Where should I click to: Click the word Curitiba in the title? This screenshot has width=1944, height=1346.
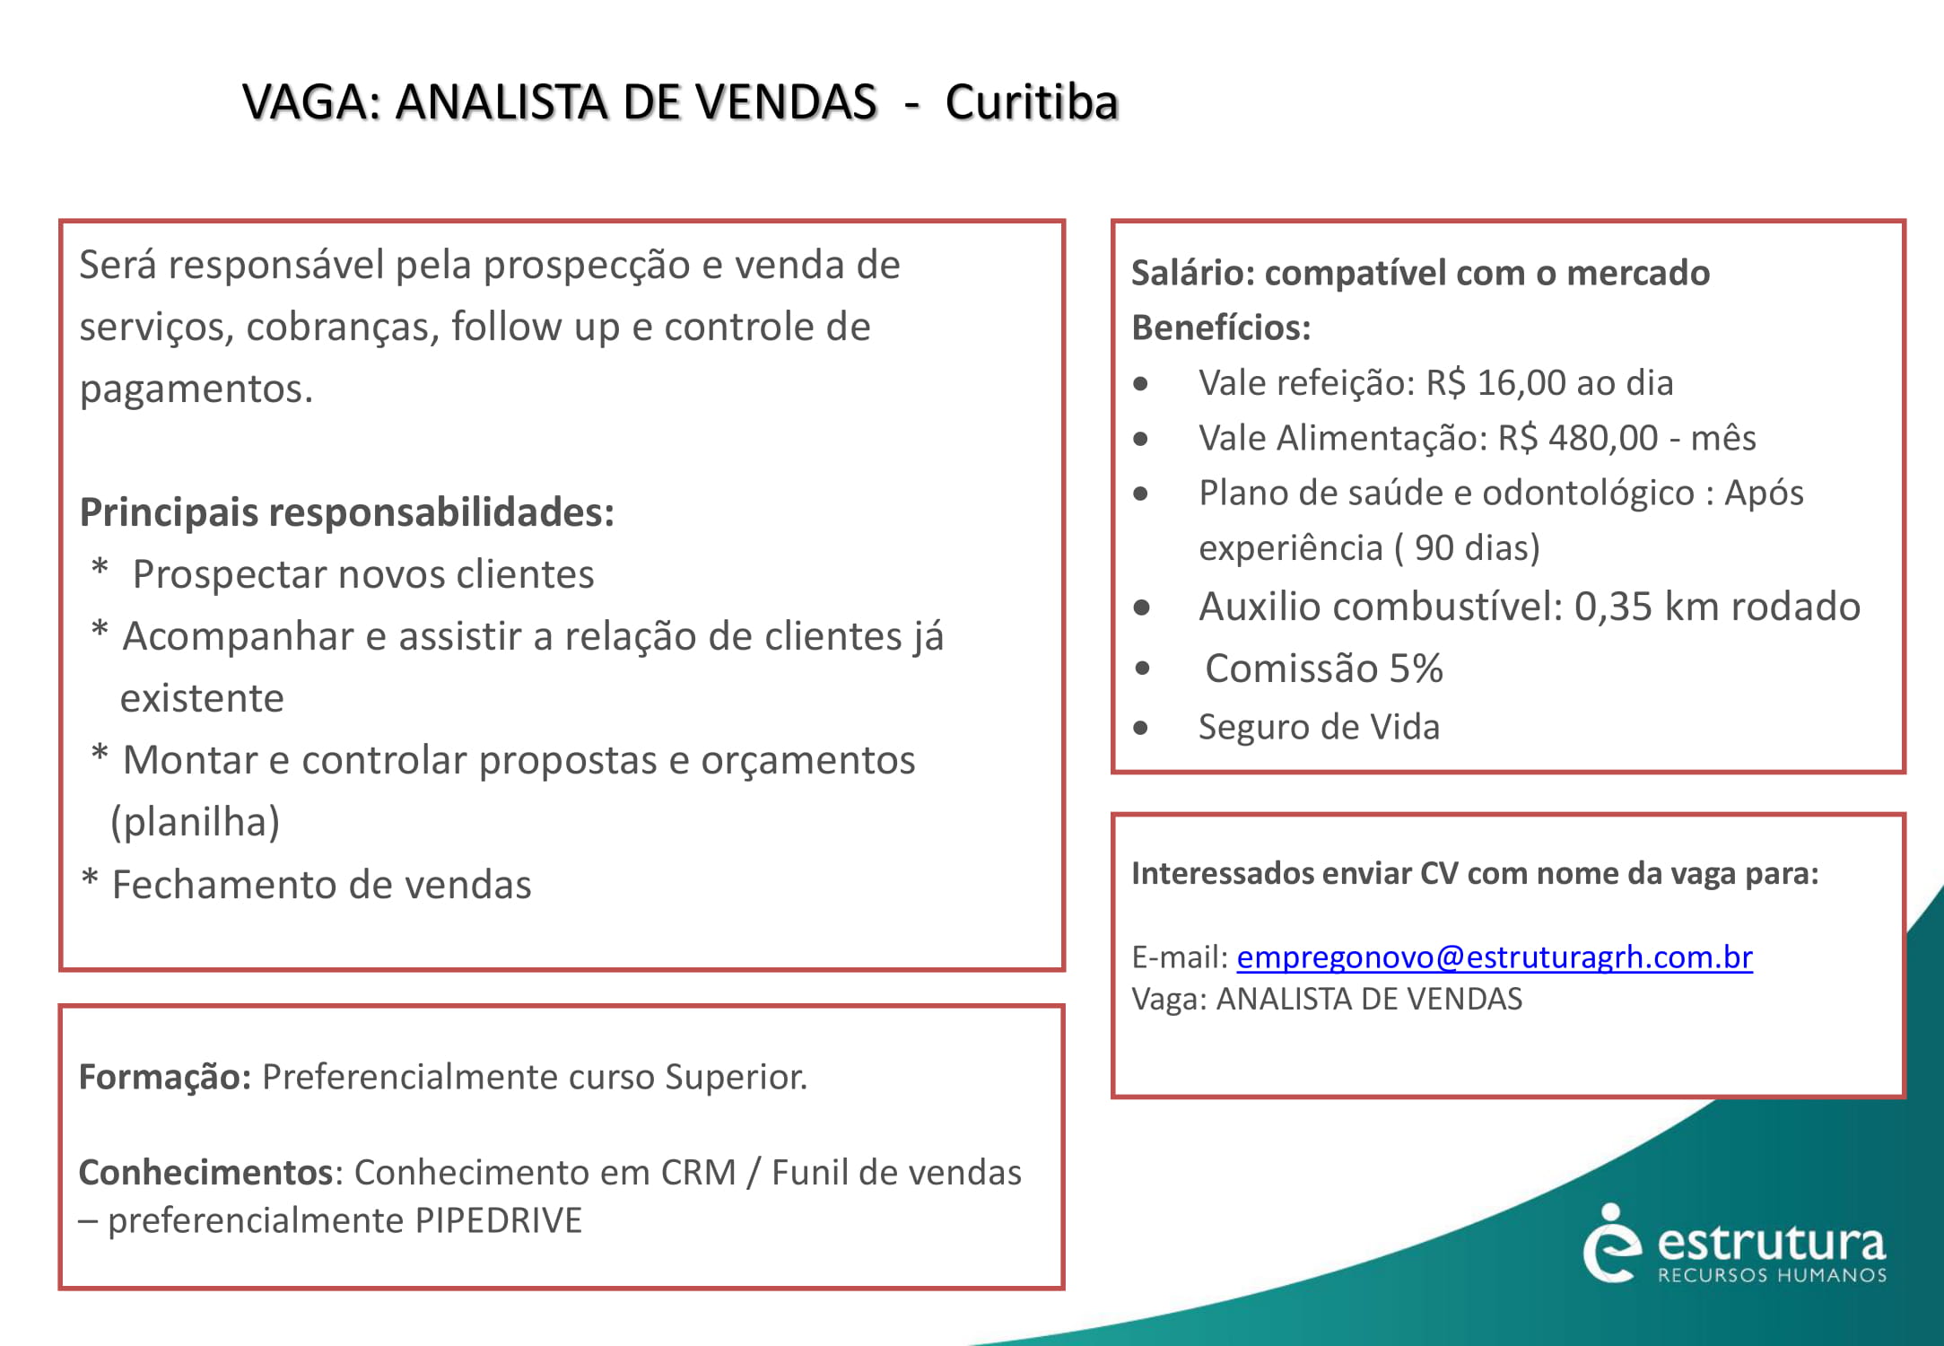[1031, 102]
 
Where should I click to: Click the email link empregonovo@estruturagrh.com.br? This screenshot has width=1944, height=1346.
[1494, 957]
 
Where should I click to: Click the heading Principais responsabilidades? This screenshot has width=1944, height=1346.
[347, 512]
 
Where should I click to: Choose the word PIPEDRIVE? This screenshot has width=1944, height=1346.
[498, 1220]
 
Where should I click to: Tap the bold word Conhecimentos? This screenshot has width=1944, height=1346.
[206, 1173]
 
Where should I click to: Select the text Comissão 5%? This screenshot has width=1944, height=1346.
[1323, 669]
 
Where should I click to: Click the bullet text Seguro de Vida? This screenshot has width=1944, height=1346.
[1319, 727]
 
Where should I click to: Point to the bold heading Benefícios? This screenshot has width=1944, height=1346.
[1221, 328]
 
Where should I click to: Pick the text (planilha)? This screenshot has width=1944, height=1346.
[195, 822]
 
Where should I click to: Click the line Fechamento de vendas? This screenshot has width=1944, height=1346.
[321, 885]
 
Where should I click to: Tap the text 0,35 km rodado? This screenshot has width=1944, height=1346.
[1717, 607]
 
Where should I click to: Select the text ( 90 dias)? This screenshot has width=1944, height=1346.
[1467, 547]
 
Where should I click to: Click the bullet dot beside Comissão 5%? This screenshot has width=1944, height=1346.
[1142, 668]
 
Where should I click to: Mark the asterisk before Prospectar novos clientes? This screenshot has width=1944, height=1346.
[100, 569]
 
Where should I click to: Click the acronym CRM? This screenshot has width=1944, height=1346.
[698, 1173]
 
